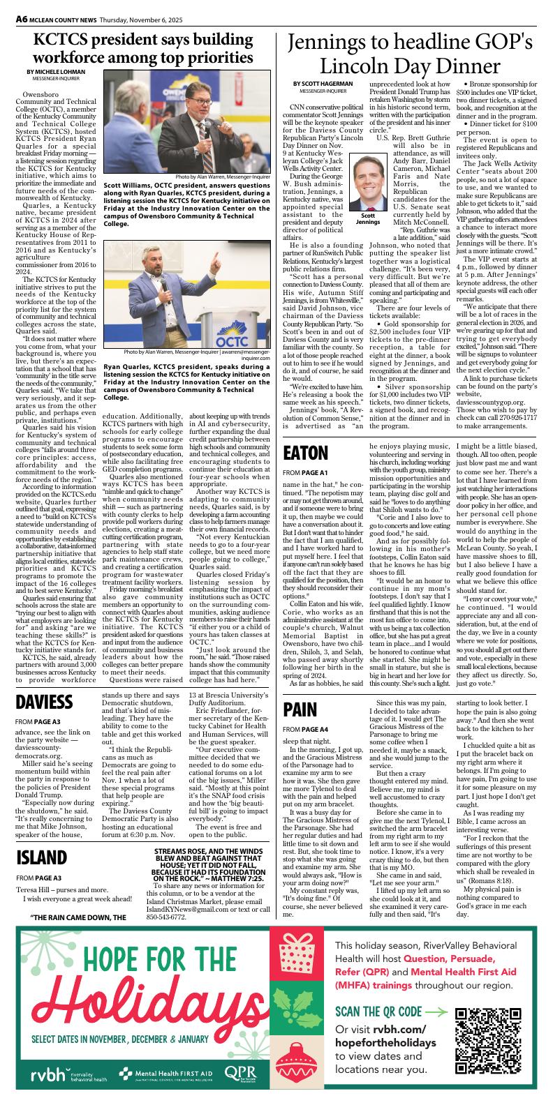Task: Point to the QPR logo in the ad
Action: (239, 1074)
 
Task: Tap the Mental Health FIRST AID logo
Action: (166, 1075)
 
